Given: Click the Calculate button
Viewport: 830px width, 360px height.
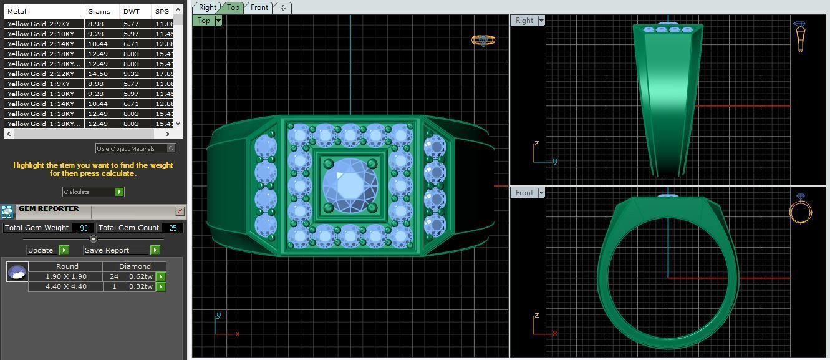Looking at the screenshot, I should tap(93, 192).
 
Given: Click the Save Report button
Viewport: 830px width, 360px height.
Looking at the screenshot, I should tap(121, 250).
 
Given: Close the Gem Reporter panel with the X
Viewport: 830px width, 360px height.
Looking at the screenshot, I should tap(180, 212).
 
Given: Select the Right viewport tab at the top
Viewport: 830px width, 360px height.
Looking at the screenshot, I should tap(207, 7).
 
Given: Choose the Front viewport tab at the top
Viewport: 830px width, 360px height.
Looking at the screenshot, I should tap(259, 7).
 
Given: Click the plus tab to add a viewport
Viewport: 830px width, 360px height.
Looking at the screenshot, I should tap(283, 7).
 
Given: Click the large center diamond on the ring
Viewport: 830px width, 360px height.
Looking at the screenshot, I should tap(350, 185).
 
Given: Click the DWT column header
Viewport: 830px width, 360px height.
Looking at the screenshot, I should tap(132, 11).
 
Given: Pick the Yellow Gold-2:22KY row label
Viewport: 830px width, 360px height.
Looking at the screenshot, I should tap(41, 74).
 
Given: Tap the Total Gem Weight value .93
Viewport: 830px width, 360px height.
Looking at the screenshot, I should tap(83, 228).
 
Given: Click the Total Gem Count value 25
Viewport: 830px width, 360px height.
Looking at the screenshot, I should tap(173, 228).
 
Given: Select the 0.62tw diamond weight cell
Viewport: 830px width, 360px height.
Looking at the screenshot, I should tap(140, 276).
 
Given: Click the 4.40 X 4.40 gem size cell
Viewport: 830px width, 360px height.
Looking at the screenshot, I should tap(65, 286).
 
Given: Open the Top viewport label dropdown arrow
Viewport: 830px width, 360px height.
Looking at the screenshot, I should tap(218, 21).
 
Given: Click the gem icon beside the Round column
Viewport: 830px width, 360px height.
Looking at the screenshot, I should tap(17, 272).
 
